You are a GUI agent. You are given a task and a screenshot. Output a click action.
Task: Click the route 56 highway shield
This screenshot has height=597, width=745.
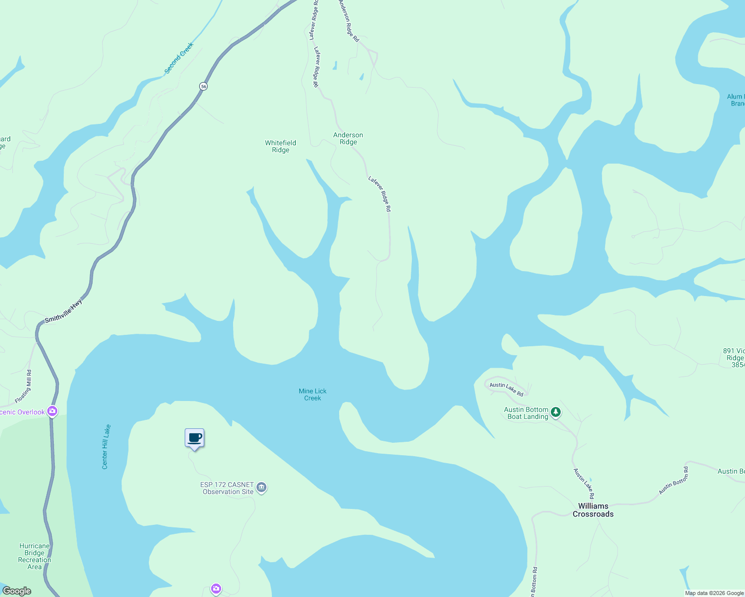coord(203,86)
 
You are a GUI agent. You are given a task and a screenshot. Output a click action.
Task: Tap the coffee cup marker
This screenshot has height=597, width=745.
coord(195,438)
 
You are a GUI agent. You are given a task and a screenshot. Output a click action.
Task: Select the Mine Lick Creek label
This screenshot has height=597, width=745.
coord(313,395)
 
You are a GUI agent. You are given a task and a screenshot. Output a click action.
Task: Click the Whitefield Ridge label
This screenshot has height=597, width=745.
coord(280,146)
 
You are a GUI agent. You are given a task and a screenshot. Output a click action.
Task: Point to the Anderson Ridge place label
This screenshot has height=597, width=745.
coord(348,138)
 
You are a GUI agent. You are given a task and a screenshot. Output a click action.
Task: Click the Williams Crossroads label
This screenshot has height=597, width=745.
coord(593,510)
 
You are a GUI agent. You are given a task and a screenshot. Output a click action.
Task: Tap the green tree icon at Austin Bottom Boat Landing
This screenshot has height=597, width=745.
coord(556,412)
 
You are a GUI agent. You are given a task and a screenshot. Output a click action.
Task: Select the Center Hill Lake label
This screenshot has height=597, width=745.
coord(106,447)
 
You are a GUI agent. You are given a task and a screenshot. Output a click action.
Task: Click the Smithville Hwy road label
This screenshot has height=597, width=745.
coord(63,311)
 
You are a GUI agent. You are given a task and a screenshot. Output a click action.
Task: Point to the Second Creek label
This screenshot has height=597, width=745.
coord(179,58)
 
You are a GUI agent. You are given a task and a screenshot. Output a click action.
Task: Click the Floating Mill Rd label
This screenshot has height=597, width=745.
coord(24,386)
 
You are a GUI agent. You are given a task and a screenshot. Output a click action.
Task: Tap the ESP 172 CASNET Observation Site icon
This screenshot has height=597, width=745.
coord(262,488)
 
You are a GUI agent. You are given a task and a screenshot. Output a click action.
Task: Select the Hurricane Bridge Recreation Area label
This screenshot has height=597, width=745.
coord(34,556)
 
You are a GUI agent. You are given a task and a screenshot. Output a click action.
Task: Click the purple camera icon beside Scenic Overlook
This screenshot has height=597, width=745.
coord(52,411)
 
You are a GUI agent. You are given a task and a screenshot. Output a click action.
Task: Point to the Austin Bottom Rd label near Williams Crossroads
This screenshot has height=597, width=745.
coord(673,480)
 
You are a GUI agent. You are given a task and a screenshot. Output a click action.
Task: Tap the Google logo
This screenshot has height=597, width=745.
coord(17,591)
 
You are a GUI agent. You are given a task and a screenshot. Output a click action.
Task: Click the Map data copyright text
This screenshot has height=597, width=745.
coord(714,593)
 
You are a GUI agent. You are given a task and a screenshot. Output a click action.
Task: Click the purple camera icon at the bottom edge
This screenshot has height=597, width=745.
coord(216,589)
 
